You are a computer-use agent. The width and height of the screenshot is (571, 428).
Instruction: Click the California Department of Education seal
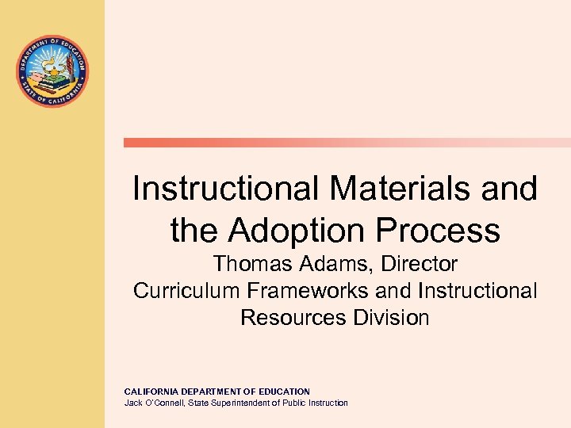52,71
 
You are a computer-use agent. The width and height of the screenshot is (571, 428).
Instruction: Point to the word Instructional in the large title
225,189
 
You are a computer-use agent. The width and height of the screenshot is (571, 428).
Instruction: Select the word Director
420,263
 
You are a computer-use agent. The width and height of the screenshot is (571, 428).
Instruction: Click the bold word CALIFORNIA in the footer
152,392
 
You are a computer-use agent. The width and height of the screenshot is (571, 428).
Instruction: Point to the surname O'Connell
163,403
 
